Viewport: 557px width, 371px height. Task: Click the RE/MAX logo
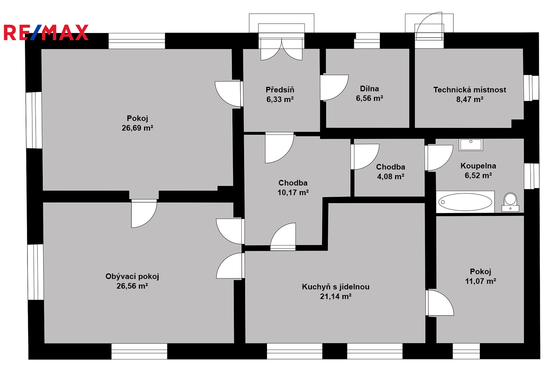click(x=46, y=32)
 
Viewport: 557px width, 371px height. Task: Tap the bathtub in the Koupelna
click(x=465, y=202)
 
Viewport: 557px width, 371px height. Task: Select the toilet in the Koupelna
click(x=511, y=202)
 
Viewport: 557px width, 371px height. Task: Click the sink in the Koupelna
click(x=471, y=144)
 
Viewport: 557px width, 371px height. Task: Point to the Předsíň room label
click(x=280, y=90)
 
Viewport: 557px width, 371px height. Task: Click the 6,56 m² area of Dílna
click(x=369, y=98)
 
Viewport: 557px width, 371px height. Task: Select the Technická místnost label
click(x=470, y=90)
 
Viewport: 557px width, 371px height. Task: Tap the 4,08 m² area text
click(x=391, y=177)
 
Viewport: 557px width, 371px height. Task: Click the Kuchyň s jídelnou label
click(x=336, y=287)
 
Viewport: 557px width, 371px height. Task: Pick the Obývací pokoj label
click(x=132, y=276)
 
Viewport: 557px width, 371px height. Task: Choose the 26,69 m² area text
click(x=137, y=128)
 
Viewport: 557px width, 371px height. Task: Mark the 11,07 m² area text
click(x=481, y=281)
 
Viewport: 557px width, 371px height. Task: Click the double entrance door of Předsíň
click(x=281, y=48)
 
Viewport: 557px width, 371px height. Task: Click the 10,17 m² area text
click(x=293, y=193)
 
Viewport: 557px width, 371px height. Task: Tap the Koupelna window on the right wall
click(x=531, y=176)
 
